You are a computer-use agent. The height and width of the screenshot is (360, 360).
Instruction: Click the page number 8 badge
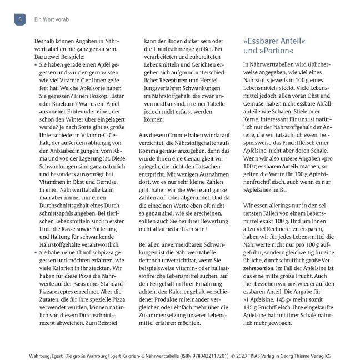19,19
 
